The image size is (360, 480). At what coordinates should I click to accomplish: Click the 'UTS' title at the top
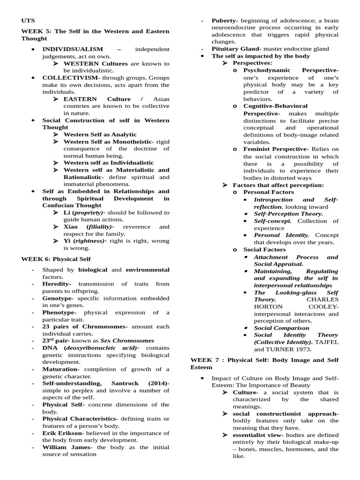pyautogui.click(x=28, y=21)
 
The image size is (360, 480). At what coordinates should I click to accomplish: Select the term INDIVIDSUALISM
pyautogui.click(x=73, y=49)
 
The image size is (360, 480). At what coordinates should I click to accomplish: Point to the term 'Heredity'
pyautogui.click(x=56, y=284)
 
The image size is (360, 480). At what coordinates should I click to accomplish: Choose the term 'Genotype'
pyautogui.click(x=57, y=298)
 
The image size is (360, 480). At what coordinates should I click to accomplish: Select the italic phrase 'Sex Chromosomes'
pyautogui.click(x=132, y=341)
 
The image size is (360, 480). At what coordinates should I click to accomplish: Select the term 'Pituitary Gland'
pyautogui.click(x=236, y=49)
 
